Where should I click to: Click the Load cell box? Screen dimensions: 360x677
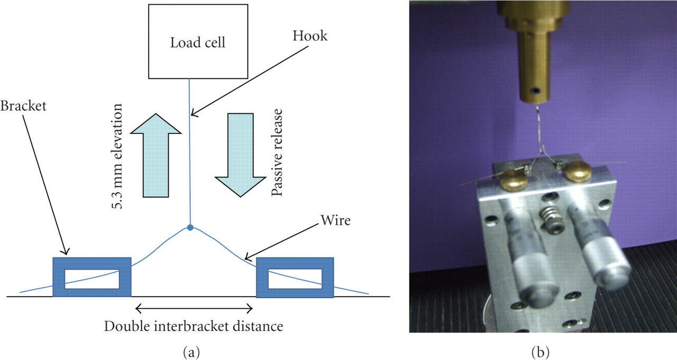click(197, 42)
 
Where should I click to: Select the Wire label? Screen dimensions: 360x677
click(335, 220)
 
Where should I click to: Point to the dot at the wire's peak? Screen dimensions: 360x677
click(190, 228)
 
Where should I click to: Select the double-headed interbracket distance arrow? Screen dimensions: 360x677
click(194, 307)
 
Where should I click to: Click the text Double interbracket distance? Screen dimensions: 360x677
click(194, 326)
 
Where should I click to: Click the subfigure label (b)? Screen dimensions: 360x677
click(543, 350)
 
